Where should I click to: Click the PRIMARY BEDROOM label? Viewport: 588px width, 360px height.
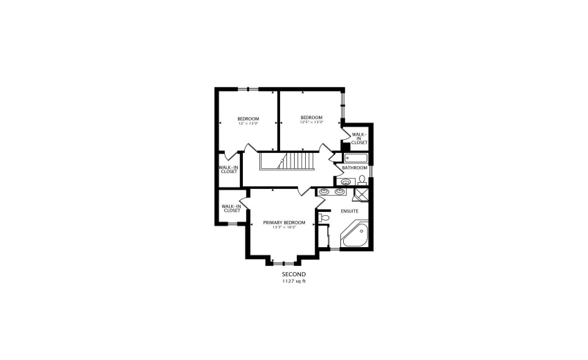284,222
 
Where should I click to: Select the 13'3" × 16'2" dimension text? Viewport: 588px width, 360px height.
284,227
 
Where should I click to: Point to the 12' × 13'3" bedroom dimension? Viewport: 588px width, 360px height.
248,124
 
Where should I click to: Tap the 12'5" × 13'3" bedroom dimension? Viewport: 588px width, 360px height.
311,123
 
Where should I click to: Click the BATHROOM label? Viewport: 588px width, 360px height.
354,168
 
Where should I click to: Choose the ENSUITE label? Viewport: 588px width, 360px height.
349,210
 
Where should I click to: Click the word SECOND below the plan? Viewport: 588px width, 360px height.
294,275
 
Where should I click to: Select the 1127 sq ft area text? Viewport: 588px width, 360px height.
294,281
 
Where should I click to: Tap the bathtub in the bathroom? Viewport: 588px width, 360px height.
356,158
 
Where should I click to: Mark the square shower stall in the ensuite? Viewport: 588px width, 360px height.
362,194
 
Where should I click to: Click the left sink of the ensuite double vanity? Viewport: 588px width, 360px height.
324,191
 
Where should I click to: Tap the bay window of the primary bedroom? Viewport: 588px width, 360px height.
281,262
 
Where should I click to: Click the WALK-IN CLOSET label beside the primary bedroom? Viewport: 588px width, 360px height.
231,208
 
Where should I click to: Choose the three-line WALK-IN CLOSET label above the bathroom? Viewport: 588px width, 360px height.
359,138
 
